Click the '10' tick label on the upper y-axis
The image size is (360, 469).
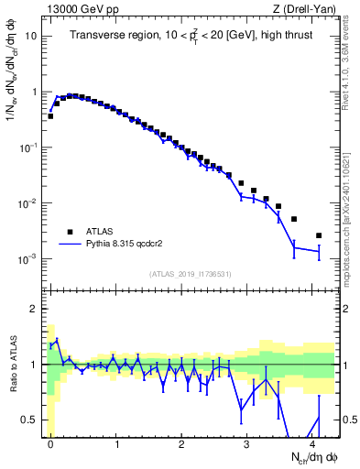tap(31, 37)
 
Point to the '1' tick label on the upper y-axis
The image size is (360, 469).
tap(34, 92)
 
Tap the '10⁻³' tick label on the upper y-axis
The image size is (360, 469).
tap(28, 259)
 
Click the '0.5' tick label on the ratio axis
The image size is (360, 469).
tap(29, 420)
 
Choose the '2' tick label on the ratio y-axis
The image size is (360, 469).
tap(34, 309)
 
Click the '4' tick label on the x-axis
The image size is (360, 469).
tap(312, 443)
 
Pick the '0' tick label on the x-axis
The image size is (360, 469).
tap(50, 443)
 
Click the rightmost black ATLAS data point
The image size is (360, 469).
tap(319, 235)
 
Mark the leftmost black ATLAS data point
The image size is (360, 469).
tap(50, 116)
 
